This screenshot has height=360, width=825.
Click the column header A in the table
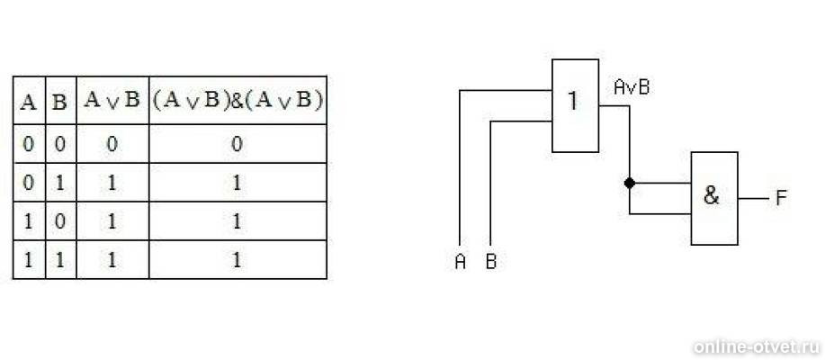[x=28, y=102]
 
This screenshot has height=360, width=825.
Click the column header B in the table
[x=60, y=102]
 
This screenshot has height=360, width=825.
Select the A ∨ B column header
[x=112, y=101]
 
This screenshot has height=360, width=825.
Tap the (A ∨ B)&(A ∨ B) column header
[x=238, y=101]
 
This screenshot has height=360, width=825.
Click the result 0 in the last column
[x=237, y=144]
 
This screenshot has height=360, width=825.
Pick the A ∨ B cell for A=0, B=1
[x=112, y=184]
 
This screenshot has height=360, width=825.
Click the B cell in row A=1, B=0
[x=60, y=221]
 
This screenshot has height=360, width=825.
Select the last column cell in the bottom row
[x=237, y=260]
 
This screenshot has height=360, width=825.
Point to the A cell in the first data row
[x=28, y=144]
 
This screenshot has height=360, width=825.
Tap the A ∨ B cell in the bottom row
[x=112, y=260]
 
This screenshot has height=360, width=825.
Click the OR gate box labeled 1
[x=575, y=106]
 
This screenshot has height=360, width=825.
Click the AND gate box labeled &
[x=714, y=198]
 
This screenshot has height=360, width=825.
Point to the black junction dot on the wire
[x=629, y=184]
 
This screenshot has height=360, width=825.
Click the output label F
[x=781, y=198]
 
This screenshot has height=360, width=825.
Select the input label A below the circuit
[x=461, y=262]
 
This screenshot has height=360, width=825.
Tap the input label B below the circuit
[x=491, y=262]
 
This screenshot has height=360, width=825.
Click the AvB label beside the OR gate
[x=632, y=87]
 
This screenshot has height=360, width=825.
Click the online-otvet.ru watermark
[x=756, y=346]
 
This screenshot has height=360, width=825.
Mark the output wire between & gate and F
[x=753, y=199]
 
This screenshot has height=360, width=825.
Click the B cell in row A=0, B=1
[x=60, y=184]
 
